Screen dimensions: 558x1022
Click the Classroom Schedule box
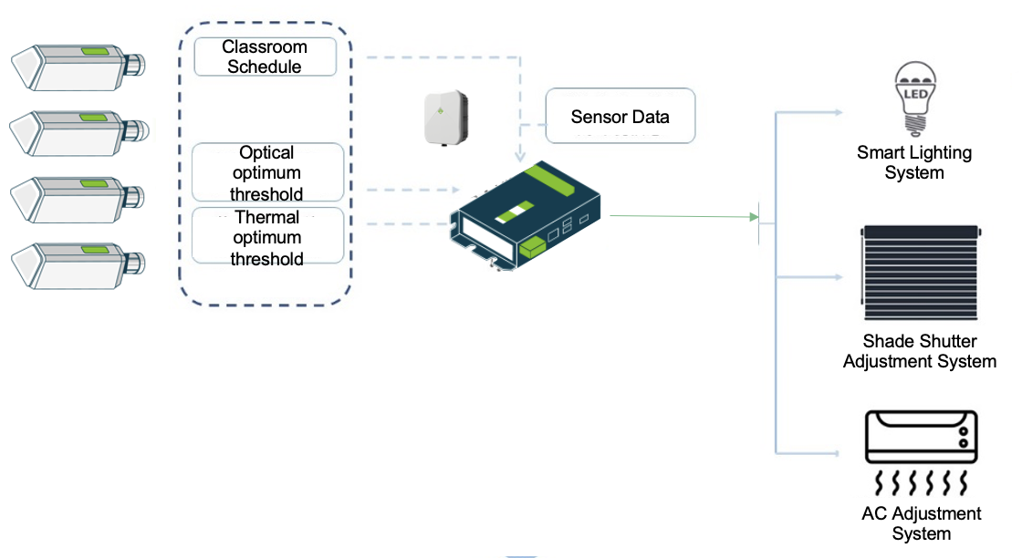tap(266, 57)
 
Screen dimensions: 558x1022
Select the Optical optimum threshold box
tap(267, 172)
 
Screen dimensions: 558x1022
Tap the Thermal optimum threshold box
tap(267, 237)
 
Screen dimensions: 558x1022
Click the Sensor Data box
tap(620, 116)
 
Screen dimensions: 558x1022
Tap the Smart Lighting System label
tap(914, 162)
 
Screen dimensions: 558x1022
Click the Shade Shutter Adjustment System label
tap(920, 351)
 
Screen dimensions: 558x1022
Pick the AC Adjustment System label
tap(922, 523)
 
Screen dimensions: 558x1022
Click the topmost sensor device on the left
tap(77, 68)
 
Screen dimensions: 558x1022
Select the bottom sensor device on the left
tap(77, 263)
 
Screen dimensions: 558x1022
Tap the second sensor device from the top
tap(77, 133)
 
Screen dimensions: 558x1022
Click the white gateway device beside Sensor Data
tap(446, 119)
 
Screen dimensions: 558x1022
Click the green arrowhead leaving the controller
tap(754, 217)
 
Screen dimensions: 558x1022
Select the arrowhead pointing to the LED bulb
tap(838, 113)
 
